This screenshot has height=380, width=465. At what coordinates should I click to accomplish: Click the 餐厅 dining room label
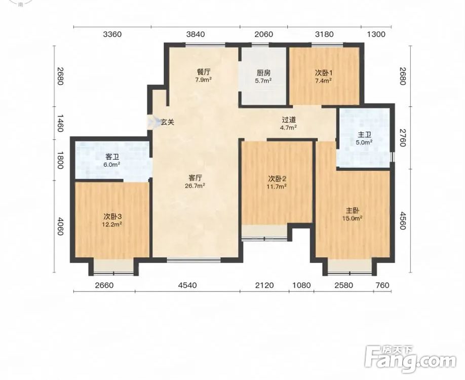coord(204,72)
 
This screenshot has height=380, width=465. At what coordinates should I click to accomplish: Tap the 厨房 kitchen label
coord(263,72)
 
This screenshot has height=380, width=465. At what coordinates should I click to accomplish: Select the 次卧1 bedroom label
coord(324,72)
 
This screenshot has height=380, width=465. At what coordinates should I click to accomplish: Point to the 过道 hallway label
coord(289,120)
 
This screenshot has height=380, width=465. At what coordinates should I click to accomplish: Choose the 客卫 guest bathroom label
coord(112,157)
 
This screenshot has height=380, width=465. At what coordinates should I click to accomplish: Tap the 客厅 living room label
coord(195,178)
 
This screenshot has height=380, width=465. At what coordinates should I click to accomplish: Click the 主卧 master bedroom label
coord(353,211)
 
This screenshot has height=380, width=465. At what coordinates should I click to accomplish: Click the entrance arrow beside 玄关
coord(153,122)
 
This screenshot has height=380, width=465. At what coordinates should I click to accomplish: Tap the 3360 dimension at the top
coord(112,34)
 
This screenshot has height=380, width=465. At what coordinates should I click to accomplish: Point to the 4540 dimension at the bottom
coord(187,285)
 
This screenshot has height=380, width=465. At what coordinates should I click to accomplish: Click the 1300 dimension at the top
coord(376,34)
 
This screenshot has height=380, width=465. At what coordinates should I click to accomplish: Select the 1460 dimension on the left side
coord(60,124)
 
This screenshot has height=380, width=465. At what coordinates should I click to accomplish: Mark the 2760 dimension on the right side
coord(402,137)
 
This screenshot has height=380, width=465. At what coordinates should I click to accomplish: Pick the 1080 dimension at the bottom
coord(301,285)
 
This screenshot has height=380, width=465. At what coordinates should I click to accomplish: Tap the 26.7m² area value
coord(195,186)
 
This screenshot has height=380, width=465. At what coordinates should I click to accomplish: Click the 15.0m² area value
coord(353,218)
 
